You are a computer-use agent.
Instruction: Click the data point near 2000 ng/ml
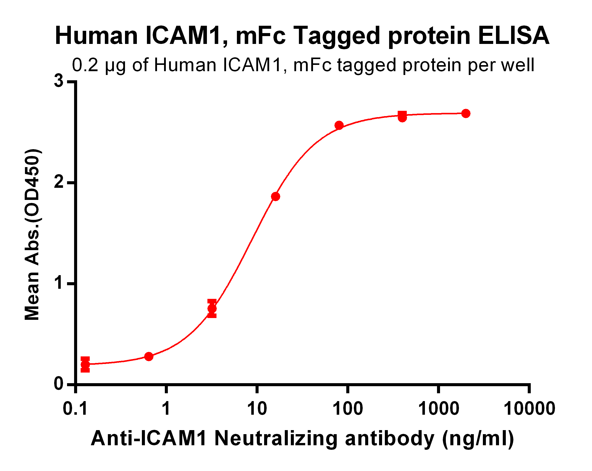(466, 113)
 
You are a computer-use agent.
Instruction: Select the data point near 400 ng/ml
(402, 117)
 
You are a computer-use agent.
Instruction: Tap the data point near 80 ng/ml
(339, 125)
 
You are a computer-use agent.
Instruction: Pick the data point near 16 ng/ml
(275, 196)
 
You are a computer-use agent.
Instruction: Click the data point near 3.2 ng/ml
(212, 308)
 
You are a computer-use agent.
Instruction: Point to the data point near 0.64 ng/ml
(148, 357)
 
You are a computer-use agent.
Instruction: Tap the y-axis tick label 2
(59, 182)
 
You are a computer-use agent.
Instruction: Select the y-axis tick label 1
(59, 283)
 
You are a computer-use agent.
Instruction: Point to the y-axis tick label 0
(59, 384)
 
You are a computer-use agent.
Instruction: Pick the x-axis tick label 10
(257, 409)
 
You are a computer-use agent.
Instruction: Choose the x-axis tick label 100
(348, 409)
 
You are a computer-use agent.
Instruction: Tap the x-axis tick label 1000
(439, 409)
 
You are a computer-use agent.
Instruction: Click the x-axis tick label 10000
(529, 409)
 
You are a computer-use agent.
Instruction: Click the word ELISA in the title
(513, 36)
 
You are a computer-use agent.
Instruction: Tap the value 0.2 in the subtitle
(85, 65)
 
